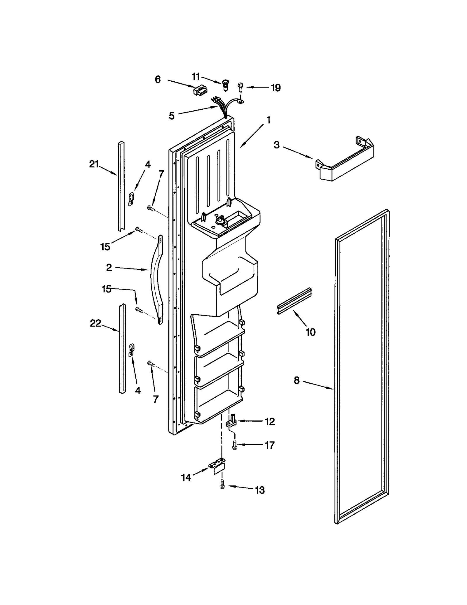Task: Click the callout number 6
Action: (x=158, y=79)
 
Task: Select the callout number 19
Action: (x=276, y=87)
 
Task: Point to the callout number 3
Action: (x=276, y=145)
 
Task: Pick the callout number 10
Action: (x=311, y=332)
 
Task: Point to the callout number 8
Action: (x=297, y=380)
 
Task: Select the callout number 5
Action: (x=172, y=116)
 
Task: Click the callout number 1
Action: (x=268, y=120)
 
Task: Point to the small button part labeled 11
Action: (x=225, y=84)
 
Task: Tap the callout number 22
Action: (x=95, y=323)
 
